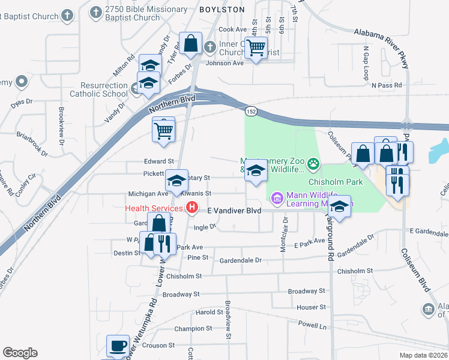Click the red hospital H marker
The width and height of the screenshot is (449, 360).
coord(191,208)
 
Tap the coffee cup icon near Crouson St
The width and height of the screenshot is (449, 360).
coord(118,346)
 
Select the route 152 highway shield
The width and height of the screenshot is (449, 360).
coord(251,110)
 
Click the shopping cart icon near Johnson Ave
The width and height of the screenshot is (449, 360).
coord(256,47)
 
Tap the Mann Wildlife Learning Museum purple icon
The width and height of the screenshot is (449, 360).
coord(277,197)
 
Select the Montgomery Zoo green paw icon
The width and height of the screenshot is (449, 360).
coord(313,163)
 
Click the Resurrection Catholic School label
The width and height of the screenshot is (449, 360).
coord(98,90)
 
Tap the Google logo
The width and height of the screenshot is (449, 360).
coord(20,352)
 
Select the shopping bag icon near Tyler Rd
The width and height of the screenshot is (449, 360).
coord(190,43)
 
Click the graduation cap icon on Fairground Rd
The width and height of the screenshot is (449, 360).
coord(339,208)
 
